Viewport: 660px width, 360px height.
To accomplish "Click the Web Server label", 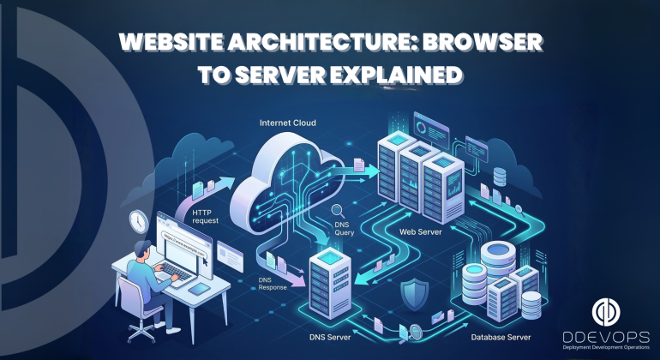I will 420,231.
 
